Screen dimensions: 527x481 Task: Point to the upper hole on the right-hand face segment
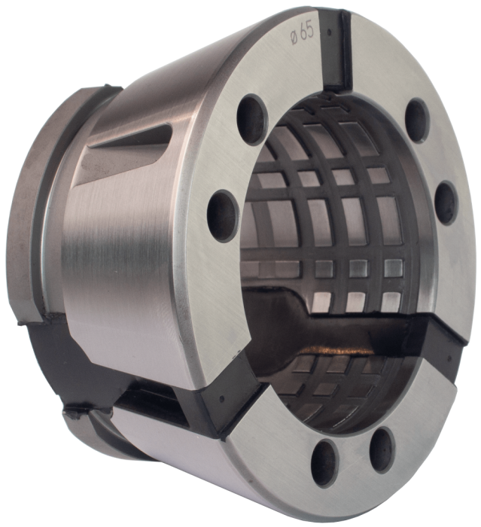(416, 115)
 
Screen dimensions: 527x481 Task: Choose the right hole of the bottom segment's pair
(382, 441)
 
